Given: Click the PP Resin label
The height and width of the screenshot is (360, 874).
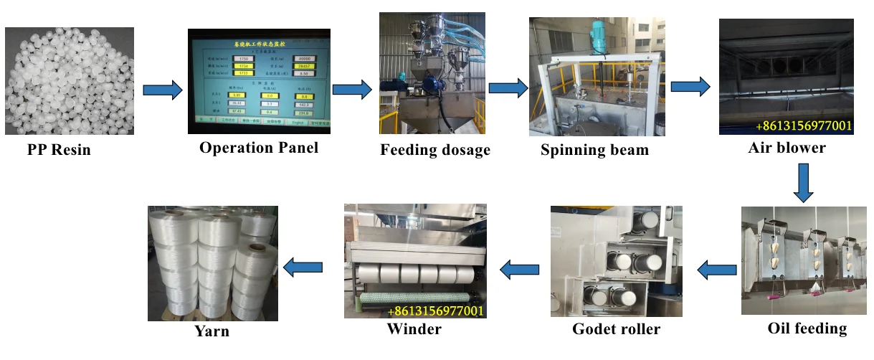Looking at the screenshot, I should point(60,151).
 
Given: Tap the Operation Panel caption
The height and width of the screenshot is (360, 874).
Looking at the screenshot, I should point(258,148).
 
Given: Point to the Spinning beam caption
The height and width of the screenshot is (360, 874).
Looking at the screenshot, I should point(594,151).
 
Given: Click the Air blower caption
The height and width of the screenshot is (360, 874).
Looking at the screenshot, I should point(787,148).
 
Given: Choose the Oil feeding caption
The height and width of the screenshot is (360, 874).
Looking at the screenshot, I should point(807,328).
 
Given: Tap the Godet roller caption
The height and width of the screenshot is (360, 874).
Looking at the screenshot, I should point(616,329).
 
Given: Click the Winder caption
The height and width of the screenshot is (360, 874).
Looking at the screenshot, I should point(414,329).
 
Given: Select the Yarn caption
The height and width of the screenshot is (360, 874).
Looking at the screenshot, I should point(212,331).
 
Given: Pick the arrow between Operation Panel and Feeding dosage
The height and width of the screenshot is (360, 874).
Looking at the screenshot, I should point(352,89).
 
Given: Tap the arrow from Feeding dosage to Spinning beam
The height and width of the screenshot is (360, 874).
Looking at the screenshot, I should point(508,87).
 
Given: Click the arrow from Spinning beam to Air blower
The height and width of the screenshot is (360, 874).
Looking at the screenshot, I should point(690,87).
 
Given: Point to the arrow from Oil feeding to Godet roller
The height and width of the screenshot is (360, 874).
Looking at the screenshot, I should point(718,270).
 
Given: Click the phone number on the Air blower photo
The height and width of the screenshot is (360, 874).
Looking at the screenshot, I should point(803,127).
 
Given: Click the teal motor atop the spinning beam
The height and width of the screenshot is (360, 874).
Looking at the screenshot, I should point(599,34).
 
